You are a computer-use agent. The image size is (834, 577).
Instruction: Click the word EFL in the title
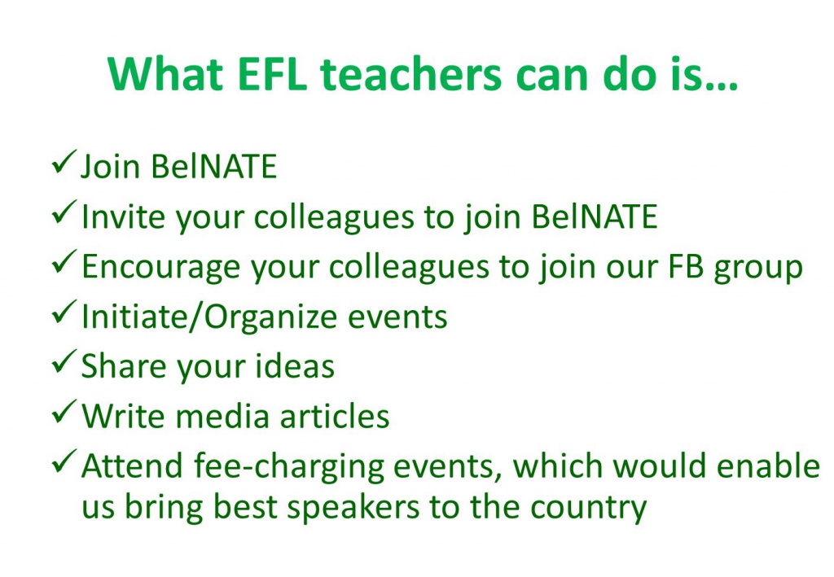272,73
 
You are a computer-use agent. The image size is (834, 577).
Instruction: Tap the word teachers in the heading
410,73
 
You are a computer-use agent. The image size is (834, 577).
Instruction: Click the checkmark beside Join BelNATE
64,162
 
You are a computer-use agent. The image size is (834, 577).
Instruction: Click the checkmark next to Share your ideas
64,362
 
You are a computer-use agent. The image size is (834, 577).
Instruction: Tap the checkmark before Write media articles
64,412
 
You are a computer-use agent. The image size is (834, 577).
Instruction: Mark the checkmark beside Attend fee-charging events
64,461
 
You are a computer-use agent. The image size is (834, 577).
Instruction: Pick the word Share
124,366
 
